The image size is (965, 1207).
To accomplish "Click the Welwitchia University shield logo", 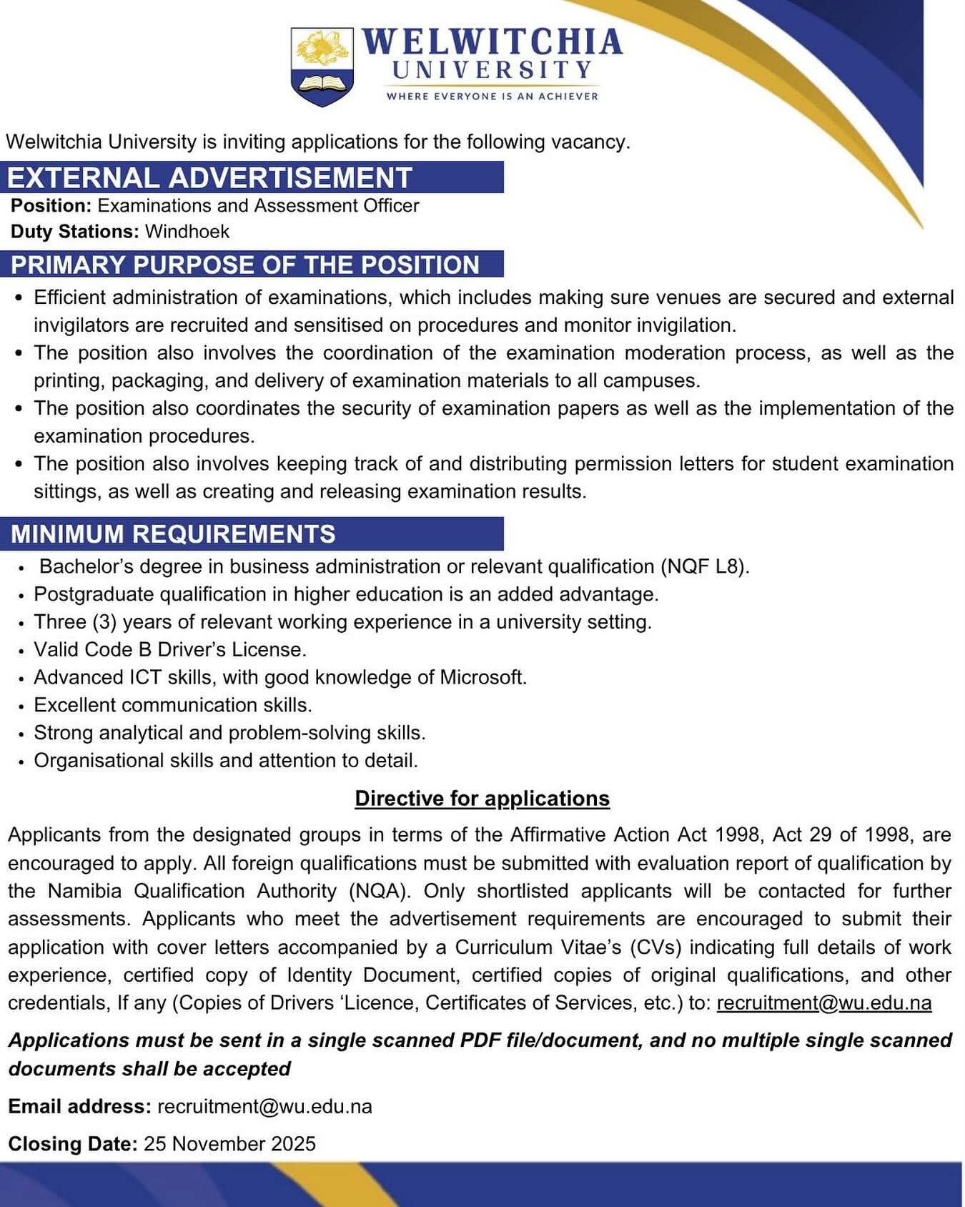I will pos(322,66).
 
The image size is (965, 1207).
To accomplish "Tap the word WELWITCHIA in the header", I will pos(492,42).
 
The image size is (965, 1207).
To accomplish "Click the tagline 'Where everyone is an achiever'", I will pos(492,96).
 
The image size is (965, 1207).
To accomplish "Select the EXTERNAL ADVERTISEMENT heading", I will pos(209,177).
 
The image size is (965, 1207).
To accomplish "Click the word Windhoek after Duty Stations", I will pos(187,232).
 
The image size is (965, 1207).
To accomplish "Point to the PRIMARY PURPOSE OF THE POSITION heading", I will pos(244,265).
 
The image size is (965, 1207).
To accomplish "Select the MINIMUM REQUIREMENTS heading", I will pos(173,534).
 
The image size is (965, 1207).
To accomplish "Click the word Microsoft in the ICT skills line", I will pos(482,677).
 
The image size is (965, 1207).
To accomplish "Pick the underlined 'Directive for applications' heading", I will pos(482,798).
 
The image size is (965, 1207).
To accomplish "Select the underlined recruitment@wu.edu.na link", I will pos(824,1002).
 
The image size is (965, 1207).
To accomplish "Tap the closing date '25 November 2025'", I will pos(229,1144).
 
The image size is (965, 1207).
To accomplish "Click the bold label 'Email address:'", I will pos(79,1107).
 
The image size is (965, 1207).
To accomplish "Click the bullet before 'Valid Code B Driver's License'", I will pos(24,651).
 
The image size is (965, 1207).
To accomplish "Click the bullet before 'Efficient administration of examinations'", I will pos(20,297).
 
